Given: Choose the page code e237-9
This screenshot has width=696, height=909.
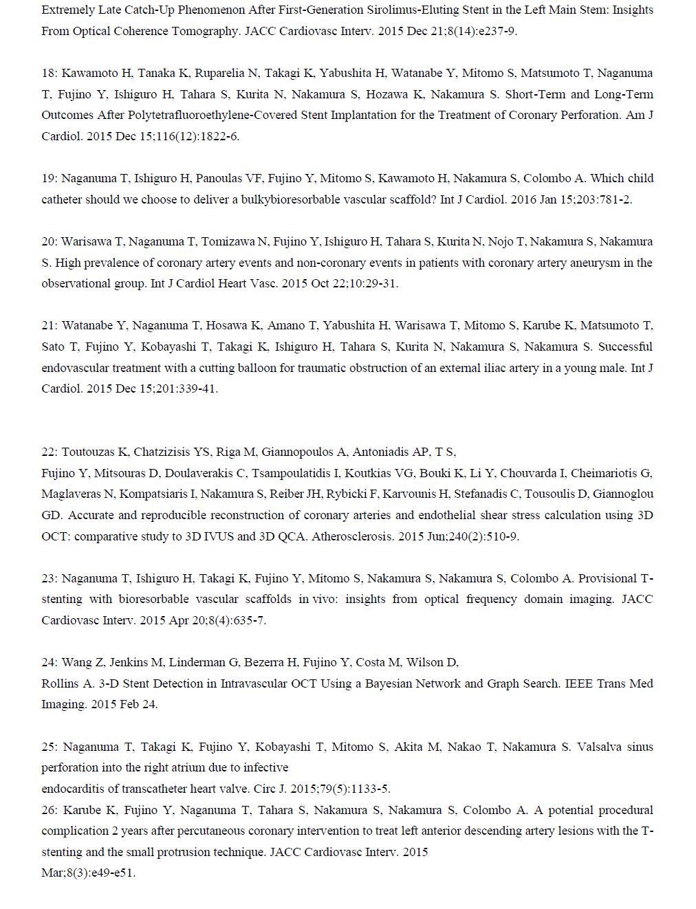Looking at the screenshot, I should pos(492,31).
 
